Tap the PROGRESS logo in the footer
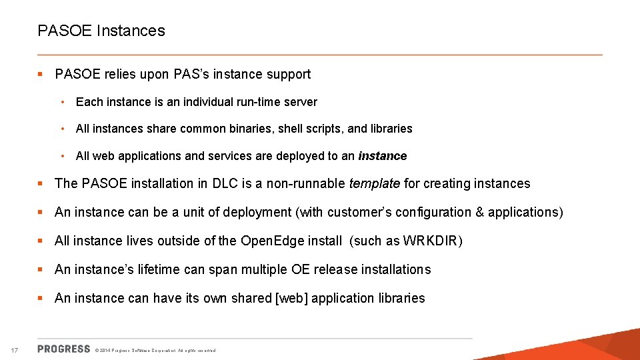[64, 349]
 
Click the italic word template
[375, 183]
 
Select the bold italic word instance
[383, 156]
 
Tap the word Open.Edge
[271, 241]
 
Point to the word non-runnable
[305, 183]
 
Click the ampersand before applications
[479, 212]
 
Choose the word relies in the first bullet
[117, 74]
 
